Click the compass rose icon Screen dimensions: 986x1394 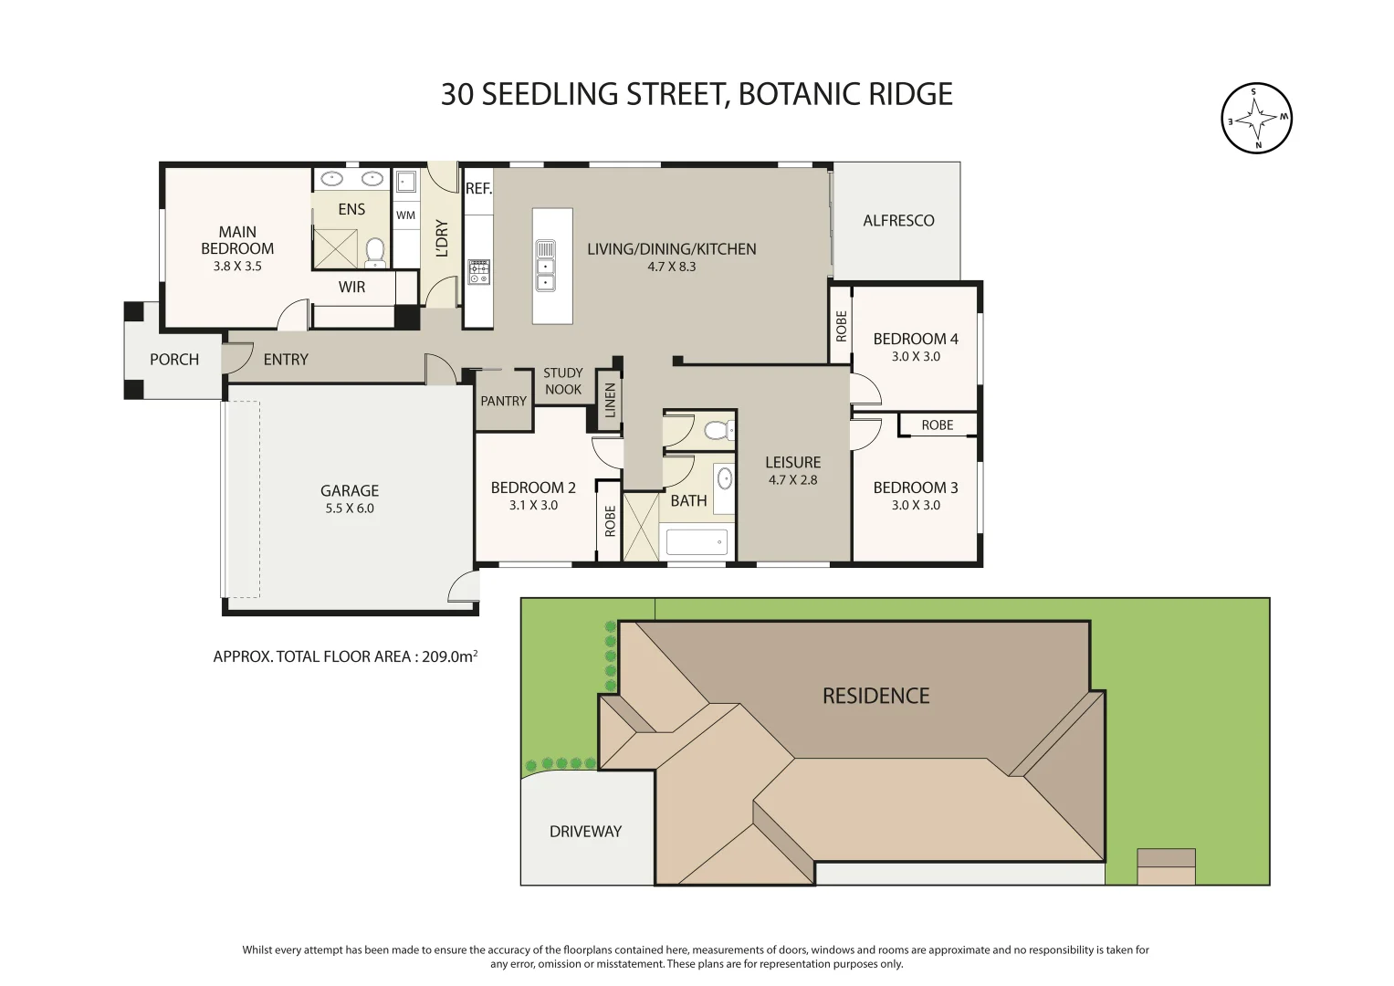point(1256,118)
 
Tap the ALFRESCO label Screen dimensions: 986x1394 point(898,220)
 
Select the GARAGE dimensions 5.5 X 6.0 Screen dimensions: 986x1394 point(350,509)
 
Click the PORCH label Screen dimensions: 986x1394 point(174,360)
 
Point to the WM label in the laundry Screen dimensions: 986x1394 point(405,215)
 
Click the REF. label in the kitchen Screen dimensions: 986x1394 point(478,189)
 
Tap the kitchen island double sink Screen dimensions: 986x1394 point(545,265)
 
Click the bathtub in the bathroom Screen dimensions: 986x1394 point(697,542)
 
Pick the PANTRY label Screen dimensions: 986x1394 point(503,401)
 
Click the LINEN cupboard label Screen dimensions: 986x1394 point(610,400)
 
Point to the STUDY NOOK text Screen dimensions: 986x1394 point(562,381)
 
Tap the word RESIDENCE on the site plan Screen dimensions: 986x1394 point(875,696)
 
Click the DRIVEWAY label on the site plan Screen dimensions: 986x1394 point(585,832)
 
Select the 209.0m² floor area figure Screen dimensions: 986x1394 point(450,656)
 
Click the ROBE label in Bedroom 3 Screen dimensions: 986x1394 point(937,425)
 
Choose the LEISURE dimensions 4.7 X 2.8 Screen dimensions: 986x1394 point(792,480)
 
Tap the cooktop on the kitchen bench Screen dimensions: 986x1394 point(478,271)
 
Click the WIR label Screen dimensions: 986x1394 point(351,287)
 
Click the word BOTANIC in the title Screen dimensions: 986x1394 point(791,94)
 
